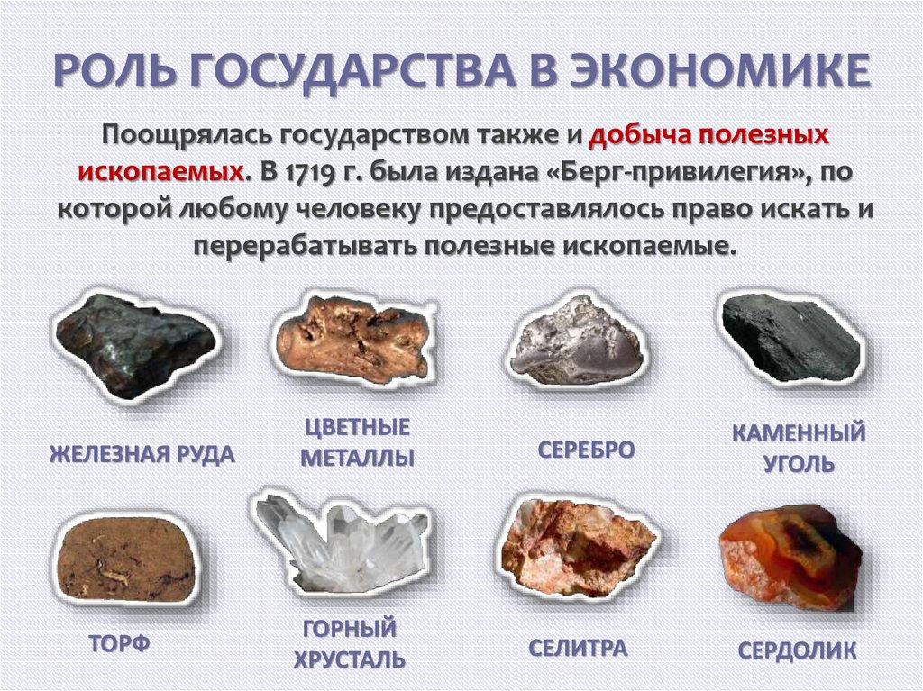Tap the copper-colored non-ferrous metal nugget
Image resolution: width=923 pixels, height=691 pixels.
point(353,338)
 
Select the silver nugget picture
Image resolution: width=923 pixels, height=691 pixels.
point(573,342)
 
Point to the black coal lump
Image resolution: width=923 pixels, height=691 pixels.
point(791,337)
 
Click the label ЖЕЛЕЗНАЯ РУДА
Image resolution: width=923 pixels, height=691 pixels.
point(142,454)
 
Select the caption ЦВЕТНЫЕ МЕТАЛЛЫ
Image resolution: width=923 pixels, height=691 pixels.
point(357,442)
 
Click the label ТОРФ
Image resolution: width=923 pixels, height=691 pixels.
point(120,644)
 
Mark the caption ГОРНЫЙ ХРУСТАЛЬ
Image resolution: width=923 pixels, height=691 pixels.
point(349,643)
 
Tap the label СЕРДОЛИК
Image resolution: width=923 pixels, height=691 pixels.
point(797,650)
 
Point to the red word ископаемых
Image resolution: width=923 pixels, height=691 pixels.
point(161,172)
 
